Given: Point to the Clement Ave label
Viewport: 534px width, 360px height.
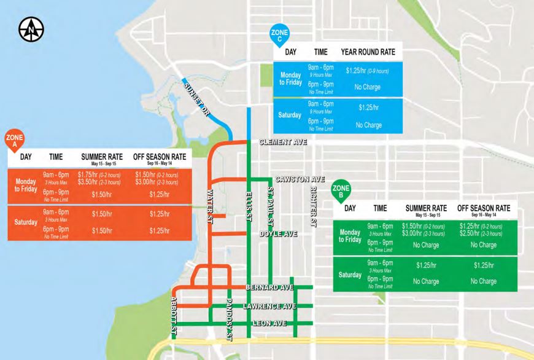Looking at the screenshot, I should click(283, 142).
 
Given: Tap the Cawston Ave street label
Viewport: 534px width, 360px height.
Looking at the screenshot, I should click(300, 179).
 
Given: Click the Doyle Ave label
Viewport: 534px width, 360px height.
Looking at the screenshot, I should click(278, 234).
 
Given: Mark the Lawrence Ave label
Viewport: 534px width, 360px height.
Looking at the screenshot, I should click(269, 305).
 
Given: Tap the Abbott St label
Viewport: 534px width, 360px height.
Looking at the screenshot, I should click(174, 315).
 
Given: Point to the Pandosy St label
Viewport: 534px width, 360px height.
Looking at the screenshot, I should click(229, 318).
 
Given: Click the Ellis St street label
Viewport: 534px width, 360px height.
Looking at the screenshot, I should click(249, 203).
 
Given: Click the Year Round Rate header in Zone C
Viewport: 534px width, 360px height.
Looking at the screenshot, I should click(368, 52).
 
